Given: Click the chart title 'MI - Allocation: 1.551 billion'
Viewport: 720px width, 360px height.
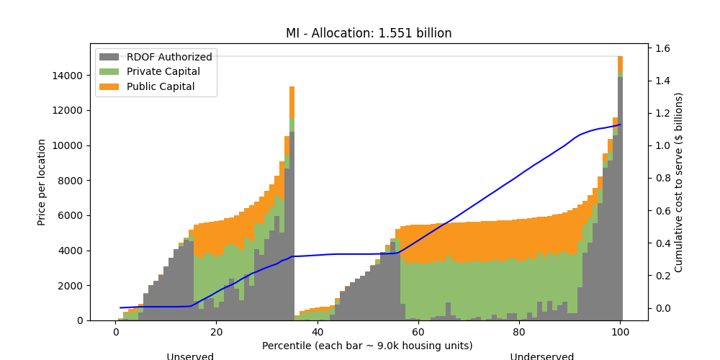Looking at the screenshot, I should (x=369, y=33).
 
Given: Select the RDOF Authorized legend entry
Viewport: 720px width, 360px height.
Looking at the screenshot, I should (x=169, y=57).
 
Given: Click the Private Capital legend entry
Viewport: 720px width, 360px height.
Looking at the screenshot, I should (x=163, y=72).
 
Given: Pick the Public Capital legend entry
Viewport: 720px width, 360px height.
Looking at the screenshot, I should (x=161, y=87).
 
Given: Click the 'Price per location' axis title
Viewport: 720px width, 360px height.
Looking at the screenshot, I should (x=42, y=182).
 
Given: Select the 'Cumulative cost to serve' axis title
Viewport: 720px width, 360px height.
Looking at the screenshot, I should (x=678, y=182).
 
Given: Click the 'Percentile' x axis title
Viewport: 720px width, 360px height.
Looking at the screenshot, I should (x=368, y=346).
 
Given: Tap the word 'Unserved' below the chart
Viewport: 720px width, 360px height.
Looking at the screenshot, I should (x=190, y=356).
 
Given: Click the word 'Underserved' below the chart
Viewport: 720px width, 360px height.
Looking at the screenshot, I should (x=541, y=356).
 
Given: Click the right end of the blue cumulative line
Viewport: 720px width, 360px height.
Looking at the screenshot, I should (x=620, y=125).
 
